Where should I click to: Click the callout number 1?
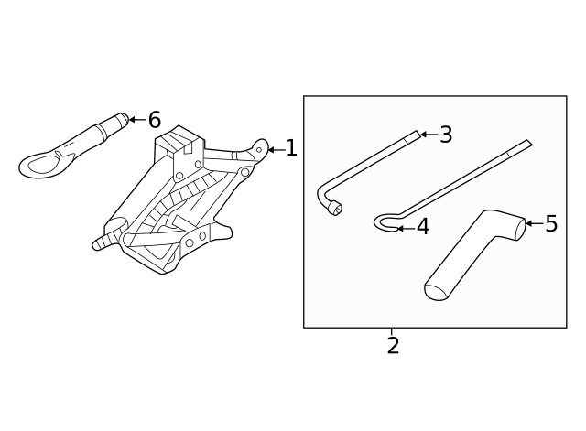(x=291, y=148)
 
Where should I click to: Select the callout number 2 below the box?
(x=393, y=346)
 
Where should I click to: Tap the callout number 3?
(x=446, y=135)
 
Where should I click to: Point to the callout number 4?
(x=423, y=227)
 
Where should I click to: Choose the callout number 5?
(x=551, y=223)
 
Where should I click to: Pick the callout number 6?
(x=155, y=120)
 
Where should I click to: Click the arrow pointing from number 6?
(x=137, y=120)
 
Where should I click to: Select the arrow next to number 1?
(x=277, y=150)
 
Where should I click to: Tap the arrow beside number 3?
(x=429, y=135)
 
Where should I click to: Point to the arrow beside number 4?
(x=406, y=228)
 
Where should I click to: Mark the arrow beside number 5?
(x=535, y=223)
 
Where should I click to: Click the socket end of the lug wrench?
(x=335, y=208)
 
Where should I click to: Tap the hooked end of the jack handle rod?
(x=385, y=223)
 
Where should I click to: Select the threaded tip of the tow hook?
(x=123, y=119)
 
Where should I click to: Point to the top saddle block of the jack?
(x=180, y=141)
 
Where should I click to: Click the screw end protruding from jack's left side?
(x=103, y=241)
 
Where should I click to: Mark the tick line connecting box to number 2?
(x=392, y=331)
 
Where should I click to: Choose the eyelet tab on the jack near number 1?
(x=260, y=148)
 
